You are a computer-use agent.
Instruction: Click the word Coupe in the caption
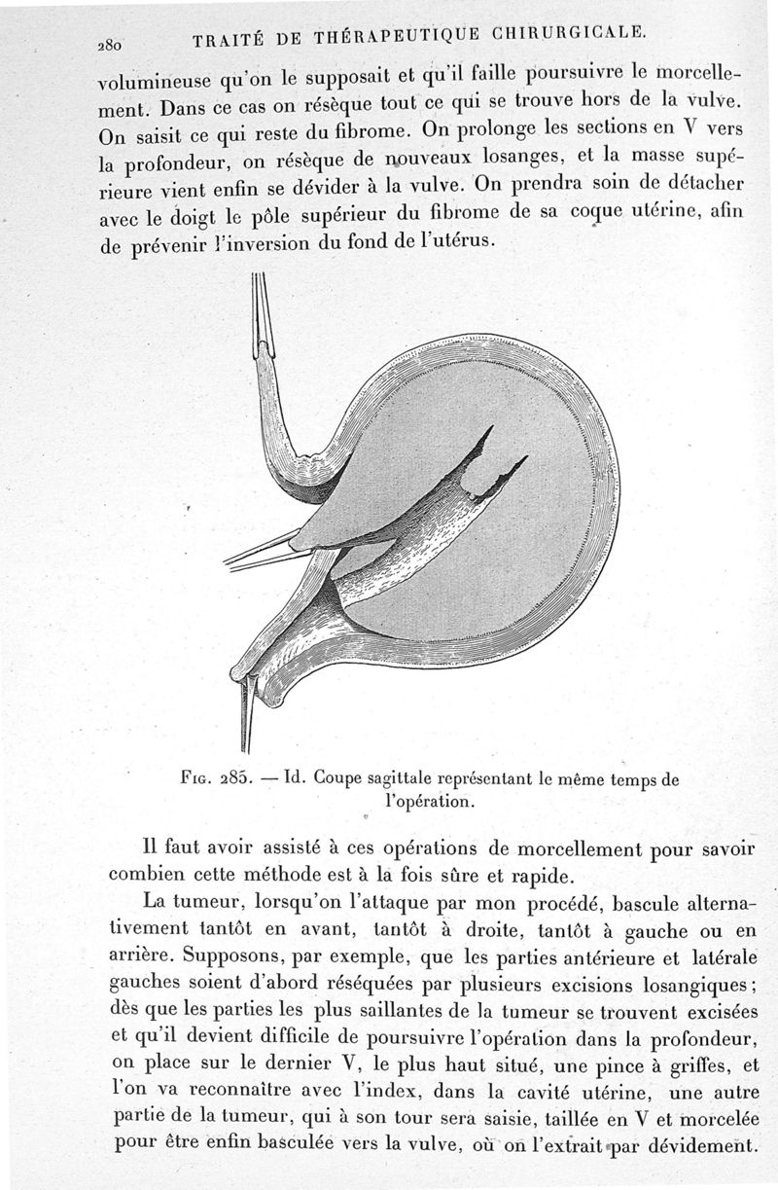click(x=339, y=778)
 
